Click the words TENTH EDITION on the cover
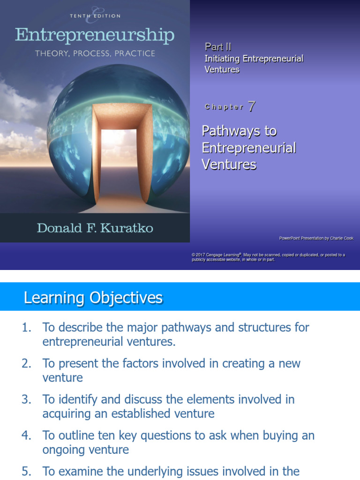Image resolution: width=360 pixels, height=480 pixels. point(95,16)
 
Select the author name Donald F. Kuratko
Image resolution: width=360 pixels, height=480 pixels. point(95,228)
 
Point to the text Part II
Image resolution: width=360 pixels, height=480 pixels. point(218,47)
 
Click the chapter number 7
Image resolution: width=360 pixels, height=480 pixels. point(252,106)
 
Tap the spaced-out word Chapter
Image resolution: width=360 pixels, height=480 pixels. point(224,107)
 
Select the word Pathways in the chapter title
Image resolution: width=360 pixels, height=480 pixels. point(239,131)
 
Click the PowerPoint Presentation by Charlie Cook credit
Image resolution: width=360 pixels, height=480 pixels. point(316,238)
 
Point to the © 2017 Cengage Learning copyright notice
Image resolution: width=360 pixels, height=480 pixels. point(268,257)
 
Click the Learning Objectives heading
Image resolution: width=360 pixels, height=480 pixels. point(93,298)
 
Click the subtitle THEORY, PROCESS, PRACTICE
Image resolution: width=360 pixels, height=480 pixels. point(95,53)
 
